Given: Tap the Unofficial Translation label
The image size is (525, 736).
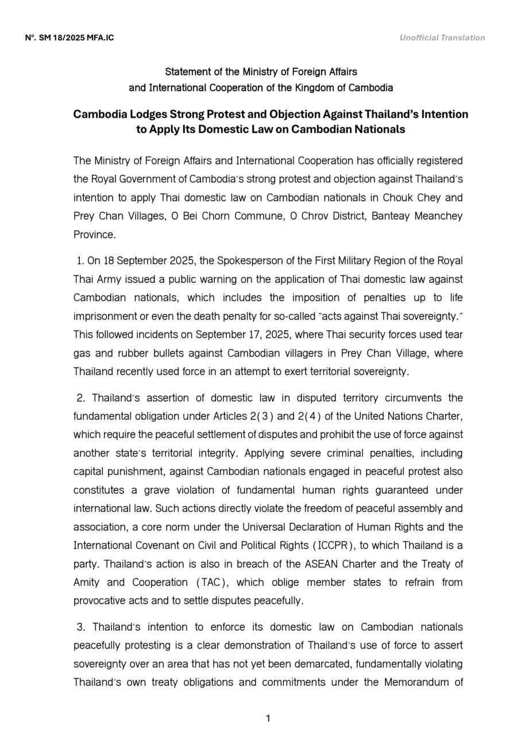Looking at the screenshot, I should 442,38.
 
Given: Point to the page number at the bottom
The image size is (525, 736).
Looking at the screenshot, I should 268,718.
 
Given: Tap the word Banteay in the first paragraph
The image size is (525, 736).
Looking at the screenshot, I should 390,216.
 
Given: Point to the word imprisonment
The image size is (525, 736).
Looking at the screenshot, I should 105,316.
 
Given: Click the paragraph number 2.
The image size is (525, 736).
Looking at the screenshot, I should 82,398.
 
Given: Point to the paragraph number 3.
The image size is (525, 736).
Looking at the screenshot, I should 82,627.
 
